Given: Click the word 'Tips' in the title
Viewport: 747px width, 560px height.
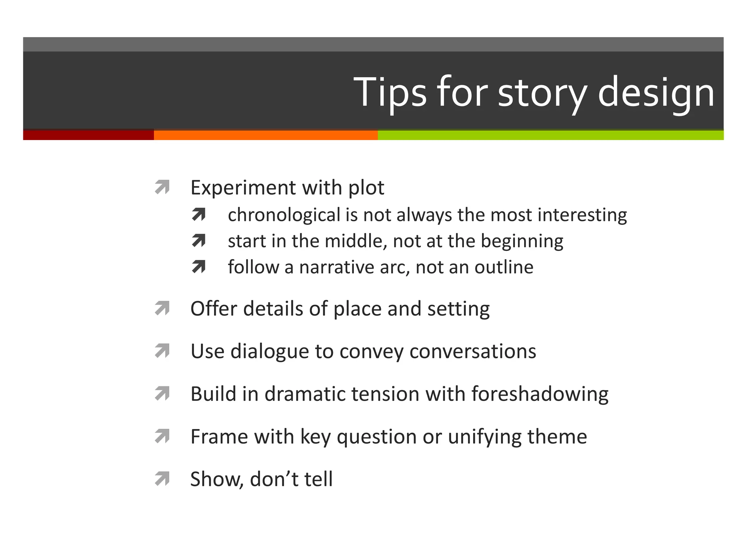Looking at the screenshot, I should point(390,93).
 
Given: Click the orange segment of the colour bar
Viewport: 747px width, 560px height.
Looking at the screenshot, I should point(266,135).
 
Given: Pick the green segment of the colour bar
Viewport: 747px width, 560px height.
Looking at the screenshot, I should point(550,135).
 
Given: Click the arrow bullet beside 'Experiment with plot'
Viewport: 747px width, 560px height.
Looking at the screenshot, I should point(162,187).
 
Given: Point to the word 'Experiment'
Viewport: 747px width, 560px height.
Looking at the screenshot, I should point(243,188).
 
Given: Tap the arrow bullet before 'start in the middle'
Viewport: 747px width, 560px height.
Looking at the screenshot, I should point(199,241).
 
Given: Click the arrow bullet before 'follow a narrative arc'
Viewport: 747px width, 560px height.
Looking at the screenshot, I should point(199,267).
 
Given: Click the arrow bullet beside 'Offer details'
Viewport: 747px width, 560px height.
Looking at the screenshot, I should point(162,308).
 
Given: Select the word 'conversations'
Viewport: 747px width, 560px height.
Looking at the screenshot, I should point(473,351).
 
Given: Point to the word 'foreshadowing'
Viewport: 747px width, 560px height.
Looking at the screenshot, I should point(540,394).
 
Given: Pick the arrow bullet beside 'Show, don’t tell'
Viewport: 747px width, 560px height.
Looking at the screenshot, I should point(162,479).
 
